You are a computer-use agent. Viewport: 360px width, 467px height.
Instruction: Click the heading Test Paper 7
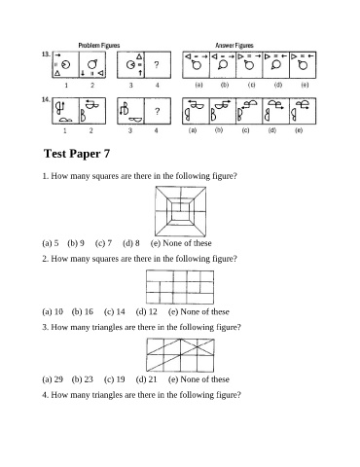click(77, 154)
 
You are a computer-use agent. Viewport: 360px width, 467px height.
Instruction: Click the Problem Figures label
click(99, 46)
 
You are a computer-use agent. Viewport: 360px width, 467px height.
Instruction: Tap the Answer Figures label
click(234, 46)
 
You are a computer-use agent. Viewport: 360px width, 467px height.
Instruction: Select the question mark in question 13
click(157, 65)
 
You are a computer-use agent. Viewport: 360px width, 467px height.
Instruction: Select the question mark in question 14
click(158, 112)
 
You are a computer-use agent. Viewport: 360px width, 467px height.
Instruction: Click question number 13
click(46, 54)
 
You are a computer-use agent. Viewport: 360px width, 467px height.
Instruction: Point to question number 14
click(46, 99)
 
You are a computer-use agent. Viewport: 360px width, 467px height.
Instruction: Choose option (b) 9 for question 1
click(76, 243)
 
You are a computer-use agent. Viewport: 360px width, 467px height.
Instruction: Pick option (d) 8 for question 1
click(131, 243)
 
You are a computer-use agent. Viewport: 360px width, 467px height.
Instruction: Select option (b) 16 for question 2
click(83, 312)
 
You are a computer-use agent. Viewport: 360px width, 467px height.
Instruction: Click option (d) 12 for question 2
click(147, 312)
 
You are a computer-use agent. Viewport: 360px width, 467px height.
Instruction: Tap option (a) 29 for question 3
click(53, 379)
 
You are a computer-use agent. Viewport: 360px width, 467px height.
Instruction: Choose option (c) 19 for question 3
click(115, 379)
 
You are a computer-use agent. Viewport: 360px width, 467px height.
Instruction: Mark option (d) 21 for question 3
click(146, 379)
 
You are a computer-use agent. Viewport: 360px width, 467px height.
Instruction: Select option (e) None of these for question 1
click(181, 243)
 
